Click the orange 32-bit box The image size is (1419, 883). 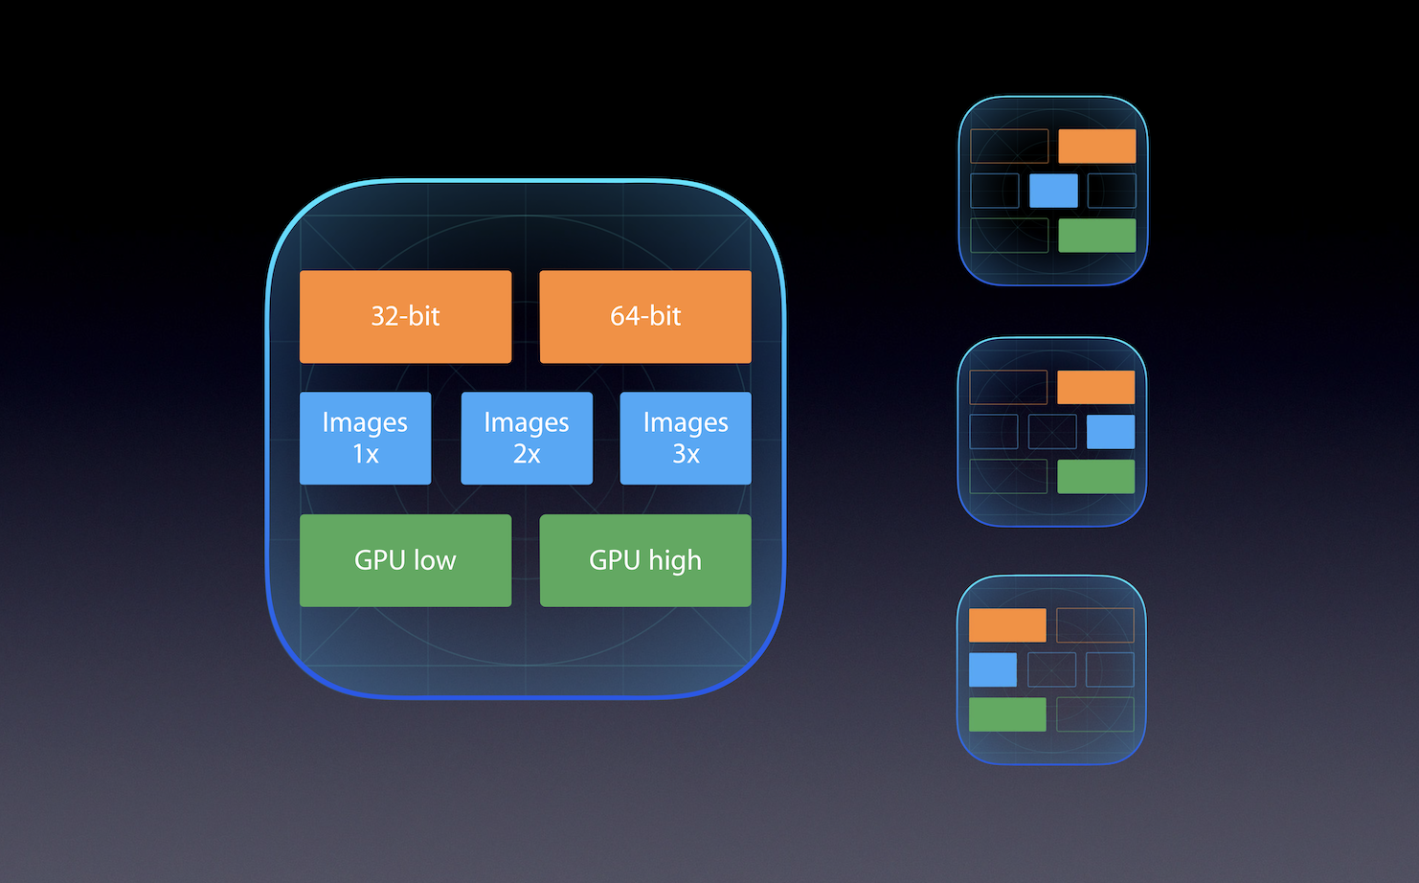(405, 316)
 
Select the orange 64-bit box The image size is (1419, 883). (645, 316)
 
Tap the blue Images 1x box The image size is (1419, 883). (365, 438)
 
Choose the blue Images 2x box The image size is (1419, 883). (527, 438)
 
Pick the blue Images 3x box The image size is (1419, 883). (686, 438)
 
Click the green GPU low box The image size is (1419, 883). (405, 560)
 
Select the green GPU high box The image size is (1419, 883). (645, 560)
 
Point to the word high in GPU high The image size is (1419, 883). (675, 560)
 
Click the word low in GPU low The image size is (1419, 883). (435, 560)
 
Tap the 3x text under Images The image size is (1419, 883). (686, 454)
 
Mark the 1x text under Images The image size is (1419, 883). (365, 454)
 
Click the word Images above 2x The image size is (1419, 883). (527, 422)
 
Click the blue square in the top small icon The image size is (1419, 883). (1053, 191)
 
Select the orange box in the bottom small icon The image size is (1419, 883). (1007, 625)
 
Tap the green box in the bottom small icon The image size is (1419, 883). (1007, 714)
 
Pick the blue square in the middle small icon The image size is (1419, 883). (1111, 432)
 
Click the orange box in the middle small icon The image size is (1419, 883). (1095, 387)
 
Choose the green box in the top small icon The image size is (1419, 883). (1097, 236)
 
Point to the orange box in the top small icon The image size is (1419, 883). (1097, 147)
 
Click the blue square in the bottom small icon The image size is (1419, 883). (993, 669)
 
